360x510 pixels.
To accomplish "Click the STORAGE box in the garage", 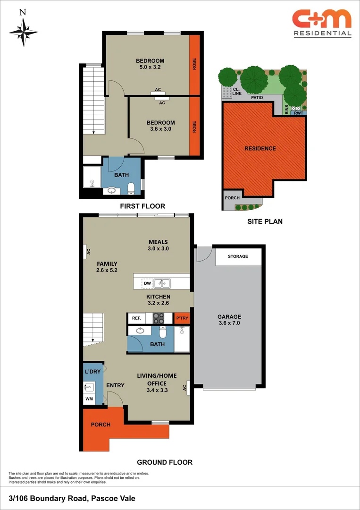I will (238, 256).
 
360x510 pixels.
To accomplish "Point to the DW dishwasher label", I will (147, 283).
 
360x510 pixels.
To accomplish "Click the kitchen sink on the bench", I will (163, 283).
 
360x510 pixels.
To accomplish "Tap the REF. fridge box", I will (137, 318).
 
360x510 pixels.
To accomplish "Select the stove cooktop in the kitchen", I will (158, 318).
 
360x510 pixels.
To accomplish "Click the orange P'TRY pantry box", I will (182, 318).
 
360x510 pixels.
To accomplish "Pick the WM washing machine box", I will (89, 399).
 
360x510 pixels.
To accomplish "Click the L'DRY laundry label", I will (92, 372).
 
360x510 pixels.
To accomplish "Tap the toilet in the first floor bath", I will (132, 188).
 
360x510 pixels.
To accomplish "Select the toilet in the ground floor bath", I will (163, 332).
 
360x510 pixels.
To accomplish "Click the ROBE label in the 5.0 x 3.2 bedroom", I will (194, 64).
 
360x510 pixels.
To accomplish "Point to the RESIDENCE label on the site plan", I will (260, 148).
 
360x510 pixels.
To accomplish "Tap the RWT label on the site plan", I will (298, 113).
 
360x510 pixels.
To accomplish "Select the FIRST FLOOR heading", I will (142, 206).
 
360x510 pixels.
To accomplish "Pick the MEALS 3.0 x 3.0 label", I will (158, 245).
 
